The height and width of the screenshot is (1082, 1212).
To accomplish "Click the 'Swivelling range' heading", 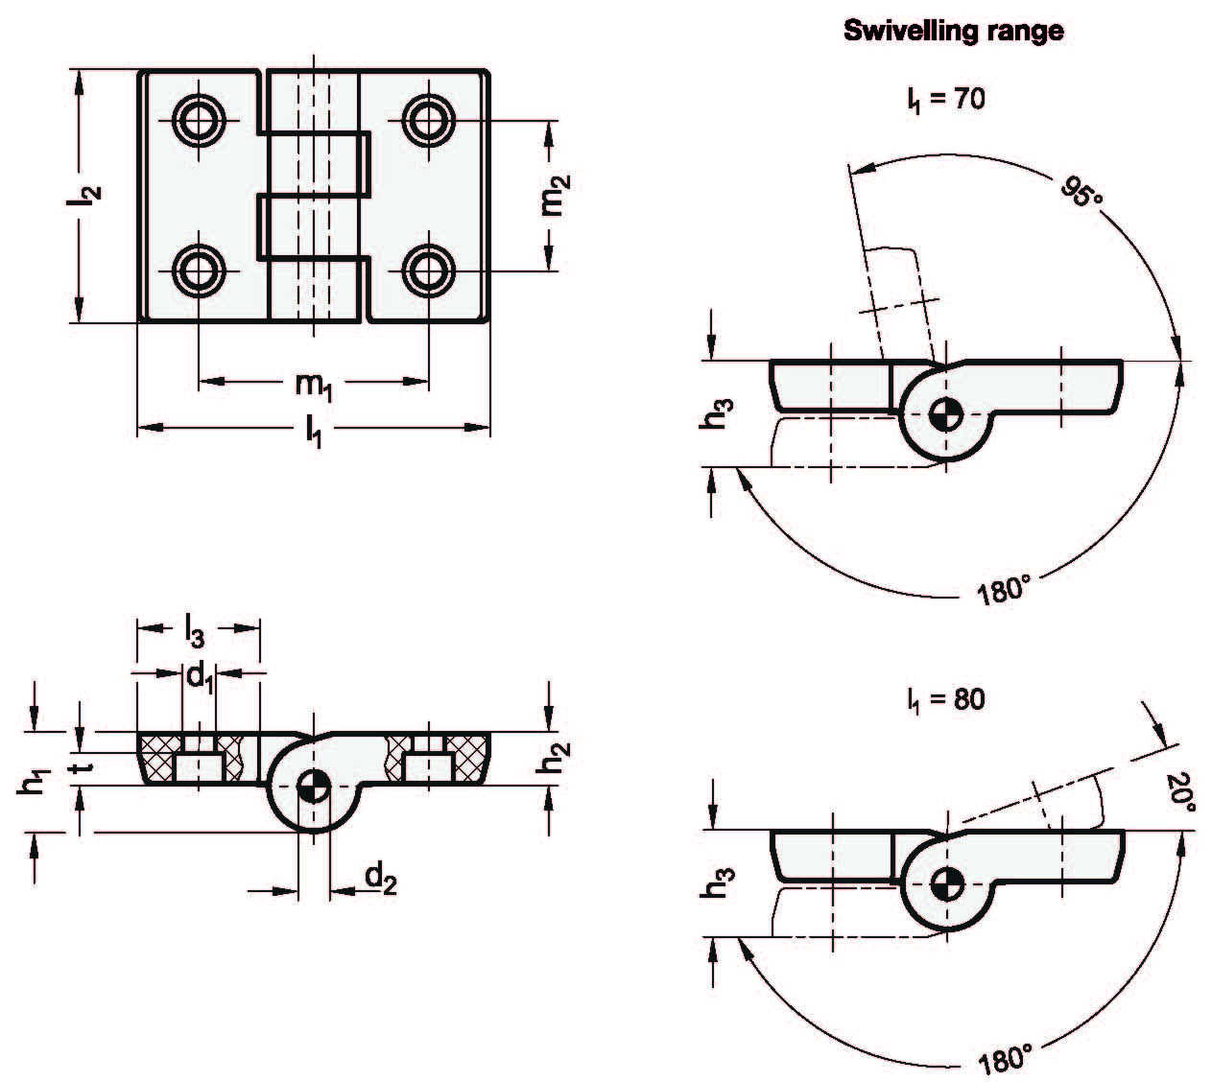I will pyautogui.click(x=952, y=32).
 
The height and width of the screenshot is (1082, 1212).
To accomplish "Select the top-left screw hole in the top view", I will pyautogui.click(x=200, y=120).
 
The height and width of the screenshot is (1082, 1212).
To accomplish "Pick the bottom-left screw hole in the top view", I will pyautogui.click(x=200, y=270).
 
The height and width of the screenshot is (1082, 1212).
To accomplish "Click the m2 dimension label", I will pyautogui.click(x=555, y=195).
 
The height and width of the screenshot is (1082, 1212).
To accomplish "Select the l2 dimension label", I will pyautogui.click(x=87, y=195).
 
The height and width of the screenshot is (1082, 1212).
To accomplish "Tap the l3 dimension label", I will pyautogui.click(x=196, y=631).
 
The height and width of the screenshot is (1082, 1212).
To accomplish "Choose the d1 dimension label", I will pyautogui.click(x=199, y=676).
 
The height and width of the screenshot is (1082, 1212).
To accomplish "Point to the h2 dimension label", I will pyautogui.click(x=551, y=760).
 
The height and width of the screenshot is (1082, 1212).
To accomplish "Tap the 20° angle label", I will pyautogui.click(x=1182, y=794).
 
